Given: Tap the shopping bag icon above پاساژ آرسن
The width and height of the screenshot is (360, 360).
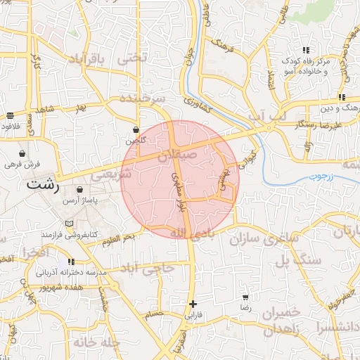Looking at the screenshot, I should pyautogui.click(x=79, y=189).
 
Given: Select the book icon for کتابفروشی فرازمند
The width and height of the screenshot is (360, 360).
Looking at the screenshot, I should pyautogui.click(x=68, y=224).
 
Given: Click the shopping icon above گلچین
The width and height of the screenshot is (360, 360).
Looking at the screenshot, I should pyautogui.click(x=136, y=130).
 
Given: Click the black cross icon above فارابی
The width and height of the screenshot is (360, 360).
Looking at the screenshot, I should pyautogui.click(x=192, y=304).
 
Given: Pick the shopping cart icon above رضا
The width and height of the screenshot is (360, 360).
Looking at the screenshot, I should pyautogui.click(x=245, y=298).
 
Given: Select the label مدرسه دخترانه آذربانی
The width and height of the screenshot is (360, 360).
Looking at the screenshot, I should pyautogui.click(x=70, y=271).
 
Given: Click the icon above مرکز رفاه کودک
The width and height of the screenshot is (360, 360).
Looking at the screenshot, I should pyautogui.click(x=306, y=50).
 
